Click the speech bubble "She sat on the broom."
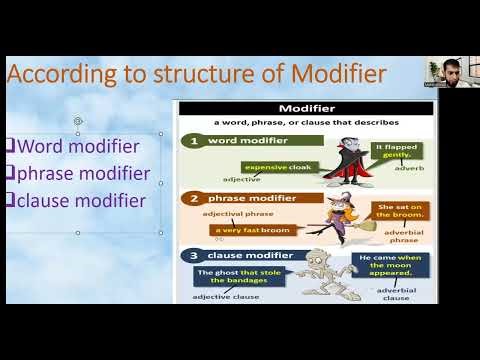[x=398, y=211]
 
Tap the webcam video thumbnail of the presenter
[x=443, y=71]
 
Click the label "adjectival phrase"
[x=231, y=213]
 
